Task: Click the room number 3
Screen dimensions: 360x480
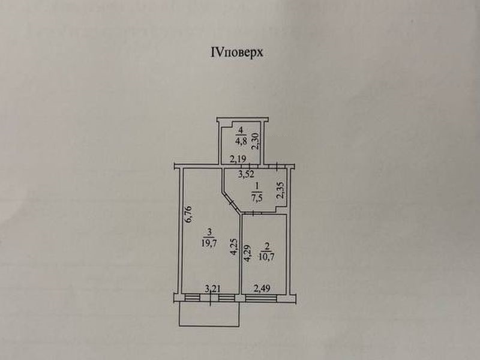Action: tap(209, 232)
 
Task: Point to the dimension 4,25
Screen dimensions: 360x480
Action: tap(235, 248)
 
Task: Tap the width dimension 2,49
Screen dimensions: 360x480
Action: tap(263, 289)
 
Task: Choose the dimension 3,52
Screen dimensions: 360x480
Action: tap(246, 175)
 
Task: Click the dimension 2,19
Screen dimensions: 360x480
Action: tap(239, 159)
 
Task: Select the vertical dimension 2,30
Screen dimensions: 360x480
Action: tap(255, 141)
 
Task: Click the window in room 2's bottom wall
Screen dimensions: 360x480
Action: tap(263, 296)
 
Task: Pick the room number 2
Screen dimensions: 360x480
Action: tap(265, 247)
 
